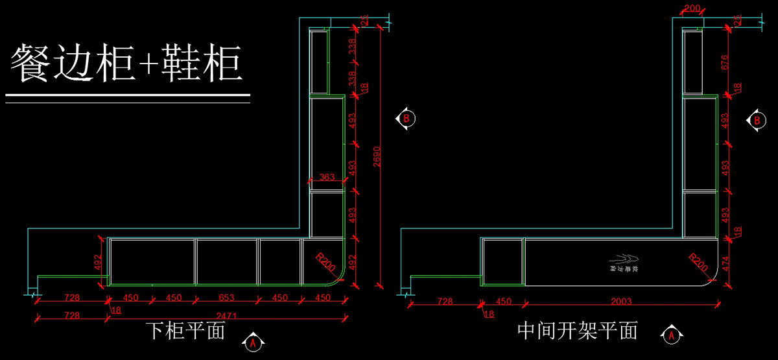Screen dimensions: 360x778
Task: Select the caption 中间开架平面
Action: (x=578, y=331)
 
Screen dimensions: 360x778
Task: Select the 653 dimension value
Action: (x=226, y=298)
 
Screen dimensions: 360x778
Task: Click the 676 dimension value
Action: (x=724, y=62)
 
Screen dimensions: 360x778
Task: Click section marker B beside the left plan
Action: (x=406, y=119)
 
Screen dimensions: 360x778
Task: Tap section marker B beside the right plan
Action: (x=756, y=120)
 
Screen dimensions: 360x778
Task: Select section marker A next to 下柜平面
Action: (x=253, y=340)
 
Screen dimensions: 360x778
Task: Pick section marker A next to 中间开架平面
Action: (x=672, y=335)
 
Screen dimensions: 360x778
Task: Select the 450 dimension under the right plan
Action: (x=503, y=302)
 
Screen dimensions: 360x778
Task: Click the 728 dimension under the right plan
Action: (x=445, y=302)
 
